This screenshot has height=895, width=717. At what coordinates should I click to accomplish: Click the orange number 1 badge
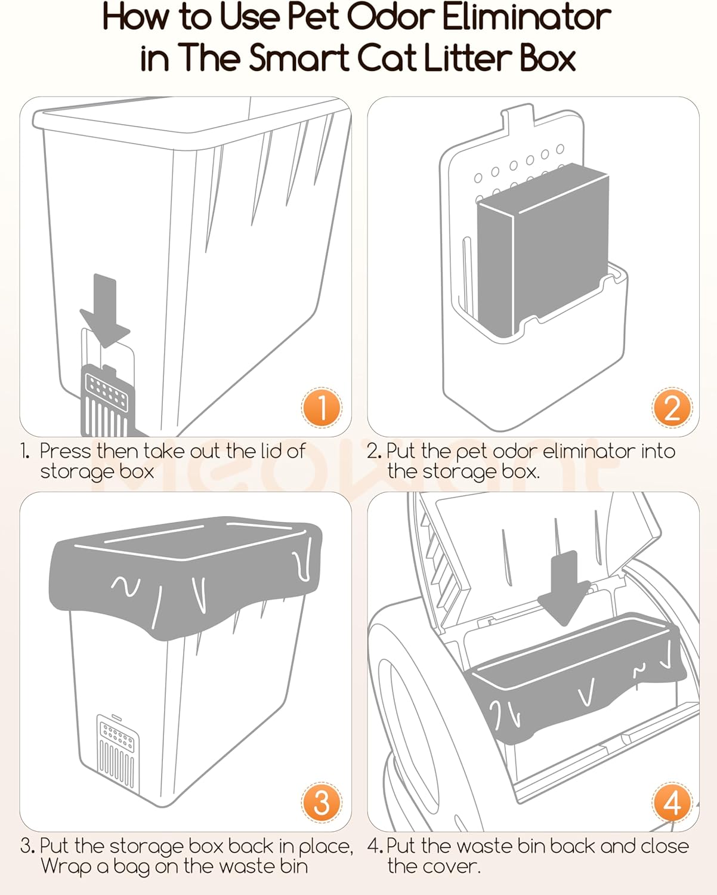[x=322, y=408]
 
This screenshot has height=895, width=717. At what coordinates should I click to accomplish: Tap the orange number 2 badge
[x=672, y=408]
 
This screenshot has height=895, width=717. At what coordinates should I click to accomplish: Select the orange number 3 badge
[x=322, y=803]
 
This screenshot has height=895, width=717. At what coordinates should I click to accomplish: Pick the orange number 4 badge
[x=672, y=803]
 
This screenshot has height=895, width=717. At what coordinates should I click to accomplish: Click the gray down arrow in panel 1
[x=105, y=310]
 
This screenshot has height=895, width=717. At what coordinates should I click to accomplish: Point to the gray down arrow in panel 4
[x=564, y=588]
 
